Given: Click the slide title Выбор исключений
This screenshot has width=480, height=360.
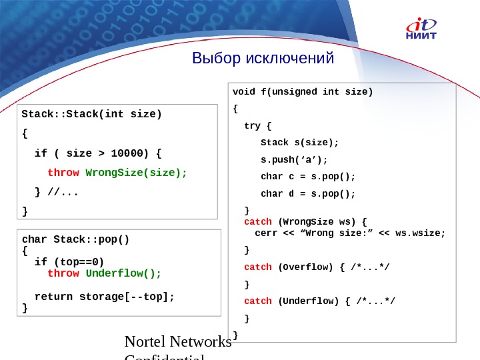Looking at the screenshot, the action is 263,59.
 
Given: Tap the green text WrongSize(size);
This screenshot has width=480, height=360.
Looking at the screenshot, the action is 137,173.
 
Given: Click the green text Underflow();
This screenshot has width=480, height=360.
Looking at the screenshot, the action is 123,273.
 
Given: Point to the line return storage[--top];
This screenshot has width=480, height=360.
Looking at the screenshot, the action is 104,297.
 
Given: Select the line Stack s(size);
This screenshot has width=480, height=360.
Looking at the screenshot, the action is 299,142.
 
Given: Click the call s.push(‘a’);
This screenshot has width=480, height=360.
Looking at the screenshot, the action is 295,159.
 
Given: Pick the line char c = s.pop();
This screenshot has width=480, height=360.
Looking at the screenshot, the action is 308,177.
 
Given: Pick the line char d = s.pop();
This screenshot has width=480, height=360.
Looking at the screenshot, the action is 308,194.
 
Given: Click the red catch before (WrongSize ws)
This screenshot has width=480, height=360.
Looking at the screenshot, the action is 258,221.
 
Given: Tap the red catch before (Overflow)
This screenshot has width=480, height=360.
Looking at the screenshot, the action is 258,267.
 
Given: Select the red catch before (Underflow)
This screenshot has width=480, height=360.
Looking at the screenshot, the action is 258,301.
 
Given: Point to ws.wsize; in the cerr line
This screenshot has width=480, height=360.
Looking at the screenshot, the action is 420,233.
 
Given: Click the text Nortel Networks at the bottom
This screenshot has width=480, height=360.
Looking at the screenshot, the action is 178,343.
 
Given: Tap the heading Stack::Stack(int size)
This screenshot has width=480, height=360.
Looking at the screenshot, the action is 92,114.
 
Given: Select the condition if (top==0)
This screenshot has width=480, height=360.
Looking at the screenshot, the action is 69,262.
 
